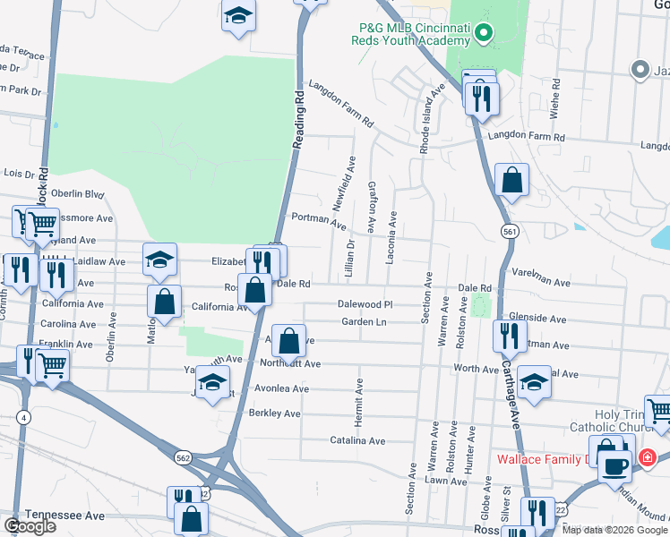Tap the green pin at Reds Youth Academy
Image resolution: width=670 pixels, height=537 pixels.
pyautogui.click(x=484, y=35)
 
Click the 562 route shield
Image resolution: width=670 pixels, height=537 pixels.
pyautogui.click(x=182, y=457)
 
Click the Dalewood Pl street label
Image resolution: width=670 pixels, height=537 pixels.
pyautogui.click(x=365, y=304)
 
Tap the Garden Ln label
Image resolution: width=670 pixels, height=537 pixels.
pyautogui.click(x=367, y=322)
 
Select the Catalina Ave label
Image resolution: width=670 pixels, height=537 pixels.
pyautogui.click(x=357, y=440)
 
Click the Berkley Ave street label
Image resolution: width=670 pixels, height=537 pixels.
pyautogui.click(x=274, y=413)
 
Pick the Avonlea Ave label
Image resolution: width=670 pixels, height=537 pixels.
pyautogui.click(x=281, y=389)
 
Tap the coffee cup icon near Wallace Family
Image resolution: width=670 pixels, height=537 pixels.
pyautogui.click(x=615, y=465)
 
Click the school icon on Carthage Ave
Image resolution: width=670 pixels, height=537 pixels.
pyautogui.click(x=534, y=382)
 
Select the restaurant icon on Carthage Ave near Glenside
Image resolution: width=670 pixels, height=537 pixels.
pyautogui.click(x=509, y=336)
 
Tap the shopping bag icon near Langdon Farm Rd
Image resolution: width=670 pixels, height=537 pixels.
pyautogui.click(x=511, y=179)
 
